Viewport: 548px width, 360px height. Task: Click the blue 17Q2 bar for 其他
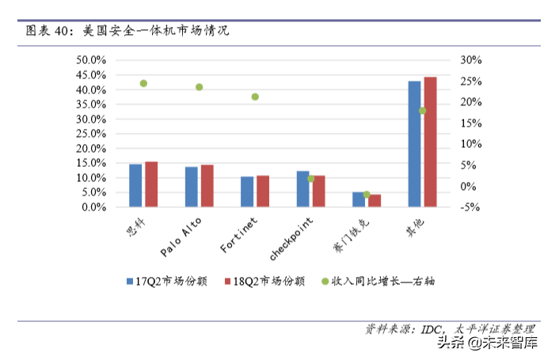pos(414,144)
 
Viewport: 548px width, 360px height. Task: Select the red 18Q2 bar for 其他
pos(430,142)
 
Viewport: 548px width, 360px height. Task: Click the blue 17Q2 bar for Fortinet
pos(247,192)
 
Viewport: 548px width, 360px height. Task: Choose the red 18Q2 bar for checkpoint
pos(318,191)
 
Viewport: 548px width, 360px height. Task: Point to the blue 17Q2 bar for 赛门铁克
pos(359,199)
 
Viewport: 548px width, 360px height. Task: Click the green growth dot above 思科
pos(143,83)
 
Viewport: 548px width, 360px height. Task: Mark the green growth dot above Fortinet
pos(255,97)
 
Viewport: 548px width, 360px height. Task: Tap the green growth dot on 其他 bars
pos(422,111)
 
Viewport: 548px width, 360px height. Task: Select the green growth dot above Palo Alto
pos(200,87)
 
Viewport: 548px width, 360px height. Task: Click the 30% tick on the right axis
pos(470,60)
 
